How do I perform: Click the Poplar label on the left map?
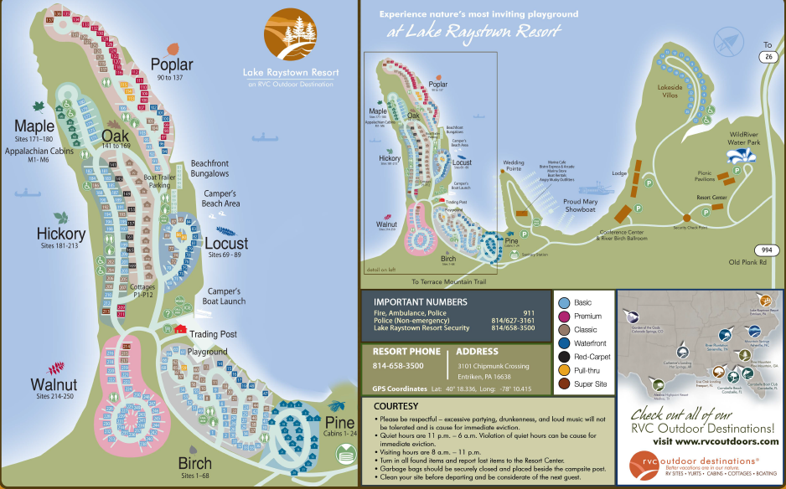coord(172,64)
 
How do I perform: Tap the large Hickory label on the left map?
coord(61,234)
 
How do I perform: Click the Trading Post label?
coord(214,334)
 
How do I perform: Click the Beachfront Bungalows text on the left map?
coord(209,168)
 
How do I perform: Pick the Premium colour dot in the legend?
coord(564,317)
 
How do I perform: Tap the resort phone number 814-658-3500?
coord(398,366)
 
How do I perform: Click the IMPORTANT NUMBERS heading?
coord(420,301)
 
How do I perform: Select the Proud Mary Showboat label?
coord(584,206)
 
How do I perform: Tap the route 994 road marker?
coord(763,250)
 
